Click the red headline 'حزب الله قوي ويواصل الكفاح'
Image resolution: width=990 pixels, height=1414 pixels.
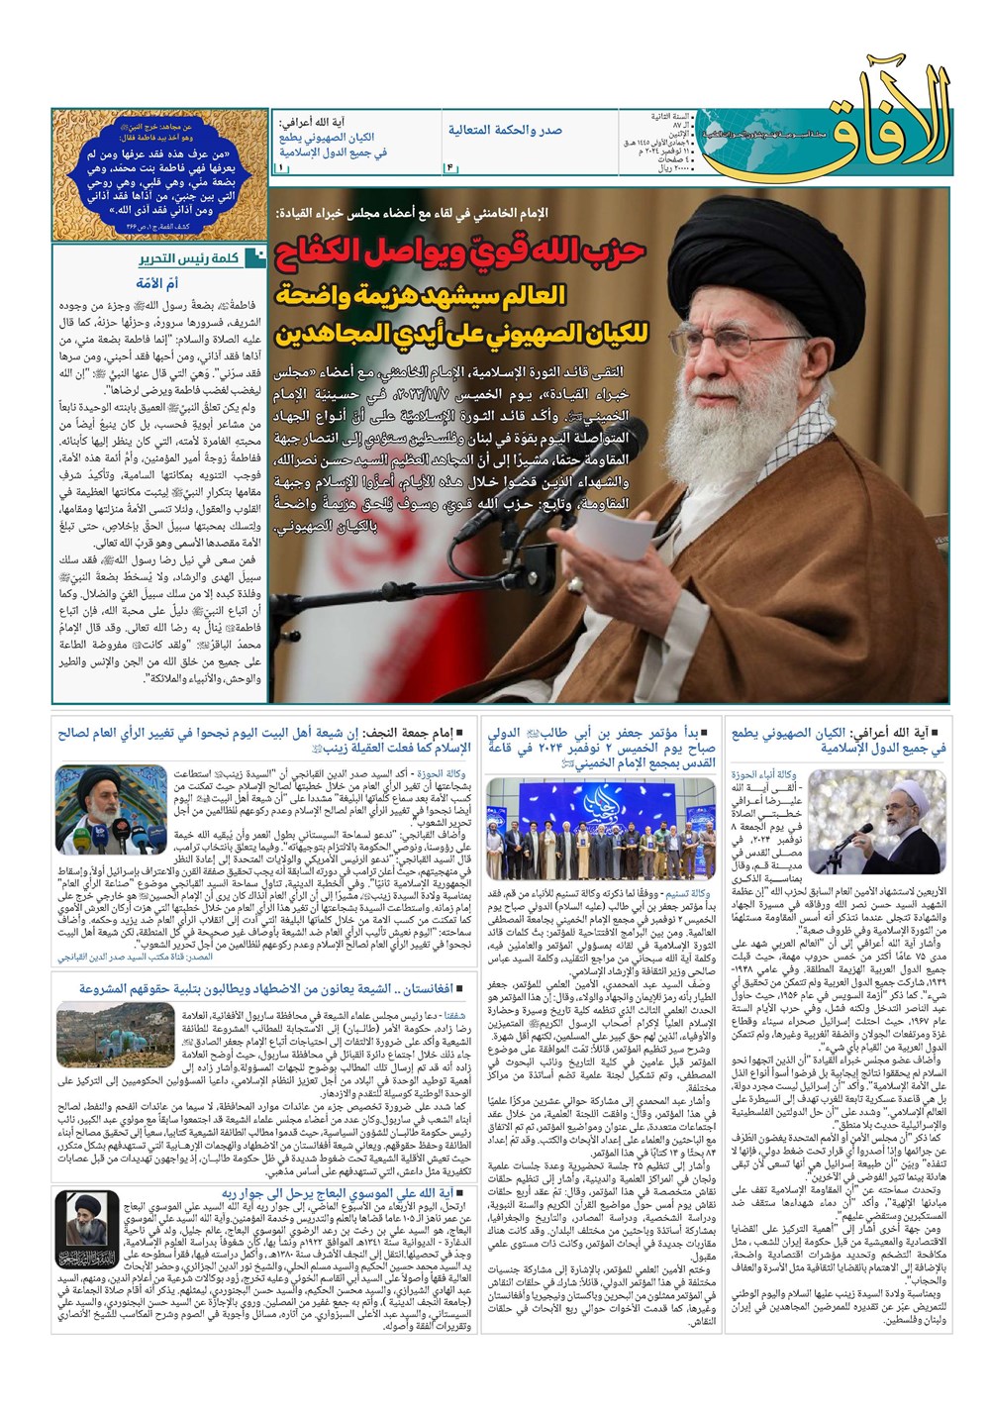(x=460, y=252)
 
